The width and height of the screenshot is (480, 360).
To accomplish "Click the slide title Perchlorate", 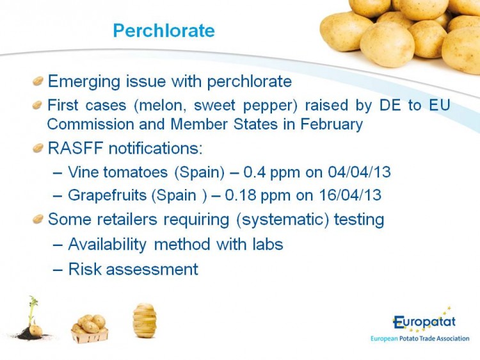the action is click(x=164, y=31).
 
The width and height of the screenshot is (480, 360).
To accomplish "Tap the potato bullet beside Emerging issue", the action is click(x=38, y=81).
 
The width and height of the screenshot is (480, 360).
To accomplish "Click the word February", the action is click(x=332, y=124).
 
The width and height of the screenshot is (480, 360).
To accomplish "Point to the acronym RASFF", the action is click(x=76, y=148).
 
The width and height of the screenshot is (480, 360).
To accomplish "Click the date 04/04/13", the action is click(x=360, y=172).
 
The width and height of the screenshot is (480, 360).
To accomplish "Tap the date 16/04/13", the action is click(x=350, y=195).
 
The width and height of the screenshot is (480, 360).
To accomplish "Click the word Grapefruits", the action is click(x=106, y=195).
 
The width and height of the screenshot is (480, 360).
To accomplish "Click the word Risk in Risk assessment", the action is click(x=84, y=269).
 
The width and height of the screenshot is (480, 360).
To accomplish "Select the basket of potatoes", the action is click(x=90, y=329).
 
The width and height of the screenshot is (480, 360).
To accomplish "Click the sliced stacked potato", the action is click(x=145, y=320).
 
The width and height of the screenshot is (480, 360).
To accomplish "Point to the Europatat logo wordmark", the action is click(x=424, y=322).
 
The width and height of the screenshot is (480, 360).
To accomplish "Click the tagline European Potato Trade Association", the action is click(x=420, y=339).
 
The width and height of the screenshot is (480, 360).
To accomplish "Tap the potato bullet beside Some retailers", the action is click(x=38, y=219).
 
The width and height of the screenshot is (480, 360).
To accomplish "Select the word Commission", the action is click(x=91, y=124).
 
